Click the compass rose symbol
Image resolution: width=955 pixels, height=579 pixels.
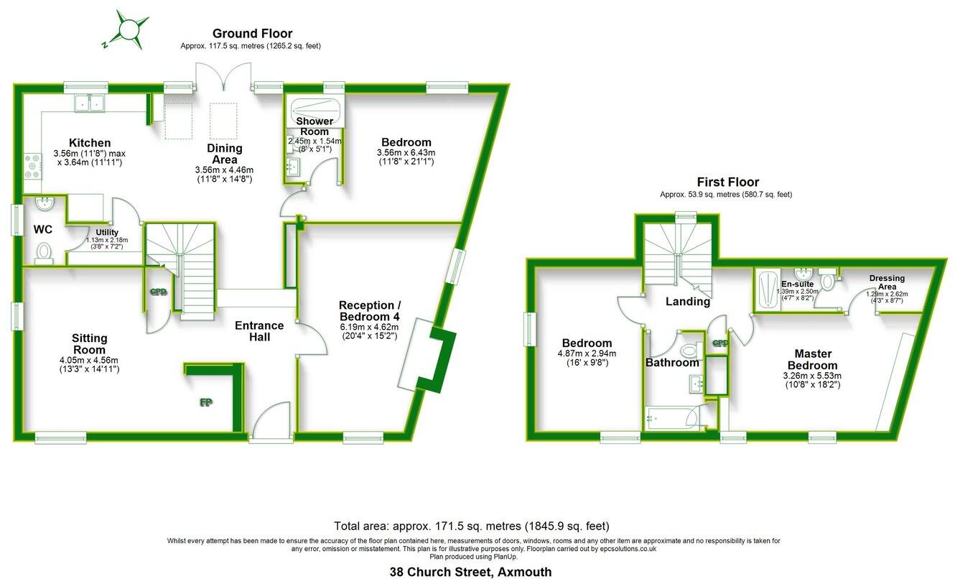click(x=128, y=30)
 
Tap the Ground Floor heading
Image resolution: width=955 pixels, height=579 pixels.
click(x=252, y=34)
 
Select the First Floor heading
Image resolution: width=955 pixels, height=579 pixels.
click(x=727, y=182)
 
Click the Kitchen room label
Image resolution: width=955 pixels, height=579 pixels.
click(x=90, y=142)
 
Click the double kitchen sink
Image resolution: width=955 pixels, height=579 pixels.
click(x=90, y=105)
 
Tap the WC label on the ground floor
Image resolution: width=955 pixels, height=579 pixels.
click(x=44, y=231)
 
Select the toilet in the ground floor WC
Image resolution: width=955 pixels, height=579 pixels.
click(x=44, y=251)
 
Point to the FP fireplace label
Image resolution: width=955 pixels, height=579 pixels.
click(x=205, y=402)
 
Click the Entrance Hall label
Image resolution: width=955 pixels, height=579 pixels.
click(x=259, y=331)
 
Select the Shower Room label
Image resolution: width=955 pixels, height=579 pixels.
click(x=315, y=126)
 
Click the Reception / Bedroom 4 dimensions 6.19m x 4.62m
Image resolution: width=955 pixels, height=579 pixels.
click(x=368, y=328)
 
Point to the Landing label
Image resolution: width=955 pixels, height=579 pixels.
click(x=687, y=302)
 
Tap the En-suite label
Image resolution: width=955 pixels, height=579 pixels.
click(x=797, y=284)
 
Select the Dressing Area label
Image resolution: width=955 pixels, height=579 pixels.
click(x=887, y=282)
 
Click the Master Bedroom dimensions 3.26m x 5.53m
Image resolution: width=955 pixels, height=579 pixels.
click(x=813, y=375)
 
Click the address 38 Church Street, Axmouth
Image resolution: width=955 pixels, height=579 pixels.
click(x=471, y=572)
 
